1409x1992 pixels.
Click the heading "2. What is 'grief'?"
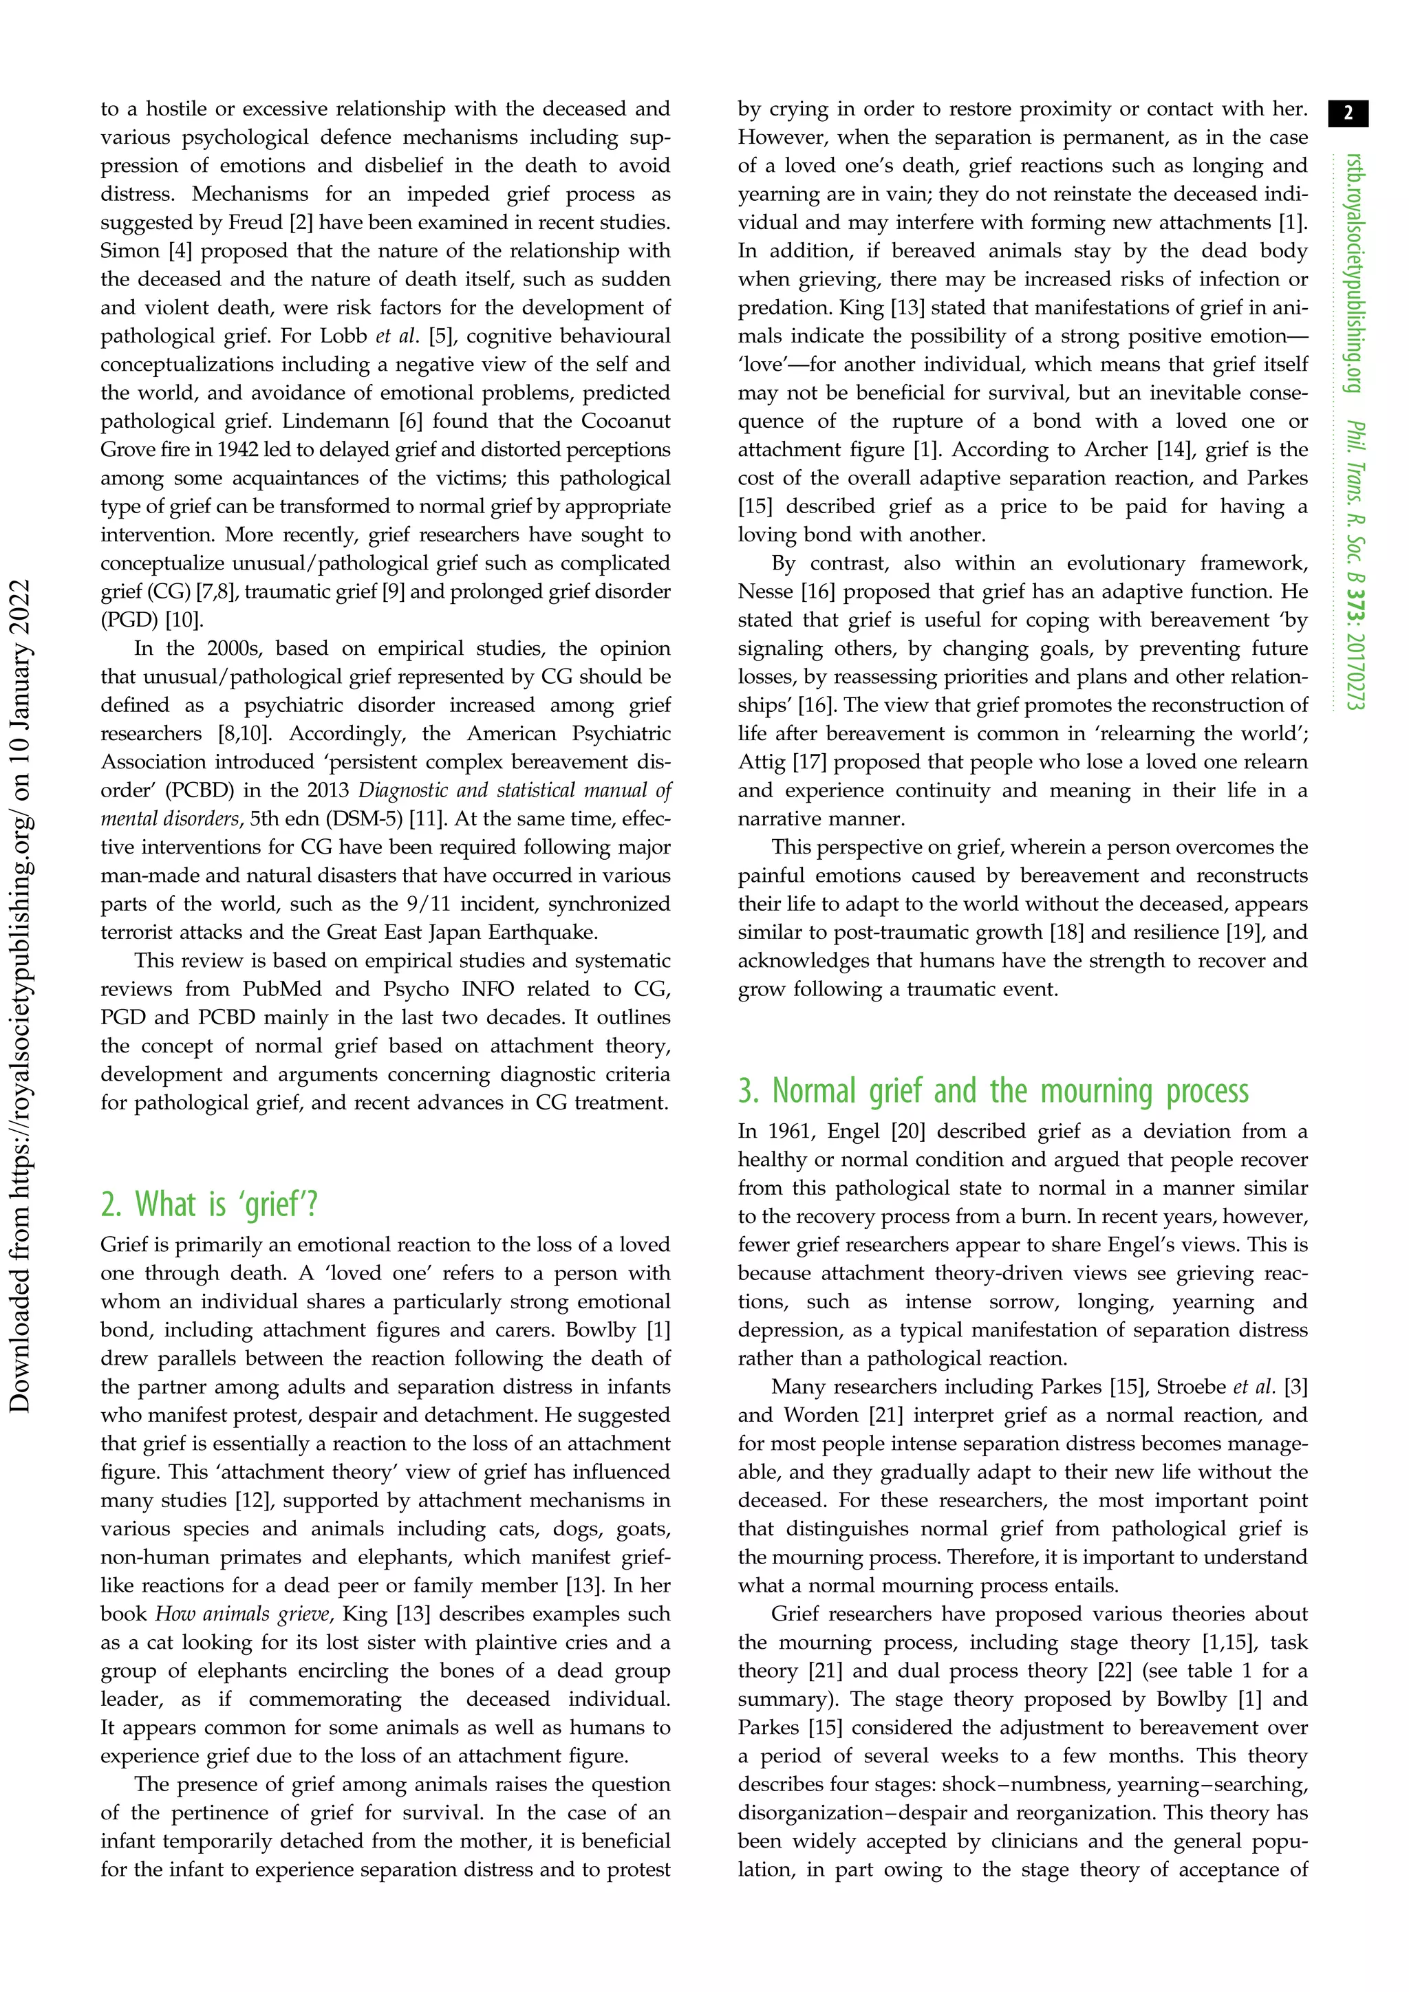click(x=209, y=1205)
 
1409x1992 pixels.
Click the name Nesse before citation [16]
click(x=765, y=592)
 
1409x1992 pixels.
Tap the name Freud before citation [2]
click(x=256, y=223)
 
